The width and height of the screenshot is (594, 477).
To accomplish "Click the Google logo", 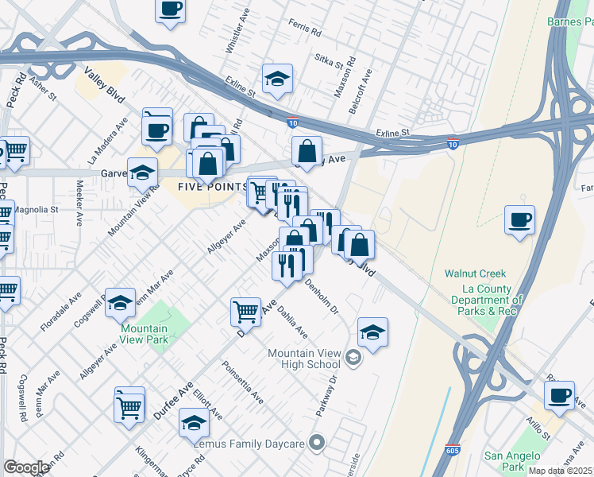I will (x=26, y=467).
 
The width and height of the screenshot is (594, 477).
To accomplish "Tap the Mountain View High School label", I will (x=304, y=359).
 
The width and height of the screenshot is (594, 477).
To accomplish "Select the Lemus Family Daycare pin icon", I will (x=318, y=442).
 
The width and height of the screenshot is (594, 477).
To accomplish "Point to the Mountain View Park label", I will (x=145, y=334).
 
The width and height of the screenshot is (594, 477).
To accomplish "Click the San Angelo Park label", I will (x=513, y=461).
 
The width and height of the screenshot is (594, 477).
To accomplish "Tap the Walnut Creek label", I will (x=475, y=273).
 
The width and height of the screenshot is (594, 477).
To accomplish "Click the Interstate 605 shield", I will (x=453, y=451).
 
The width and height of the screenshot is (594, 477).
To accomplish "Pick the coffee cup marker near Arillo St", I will (x=559, y=396).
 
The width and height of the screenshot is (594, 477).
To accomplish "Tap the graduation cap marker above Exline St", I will (x=277, y=79).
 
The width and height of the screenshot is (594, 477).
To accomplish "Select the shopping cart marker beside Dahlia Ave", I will (x=246, y=311).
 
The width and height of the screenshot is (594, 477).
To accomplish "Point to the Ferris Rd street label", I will (x=305, y=29).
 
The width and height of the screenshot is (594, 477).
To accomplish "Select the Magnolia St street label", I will (x=37, y=210).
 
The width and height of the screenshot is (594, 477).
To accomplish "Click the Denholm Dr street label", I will (x=321, y=296).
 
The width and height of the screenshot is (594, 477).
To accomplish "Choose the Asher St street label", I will (x=42, y=87).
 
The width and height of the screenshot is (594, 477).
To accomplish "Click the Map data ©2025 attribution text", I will (x=561, y=471).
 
